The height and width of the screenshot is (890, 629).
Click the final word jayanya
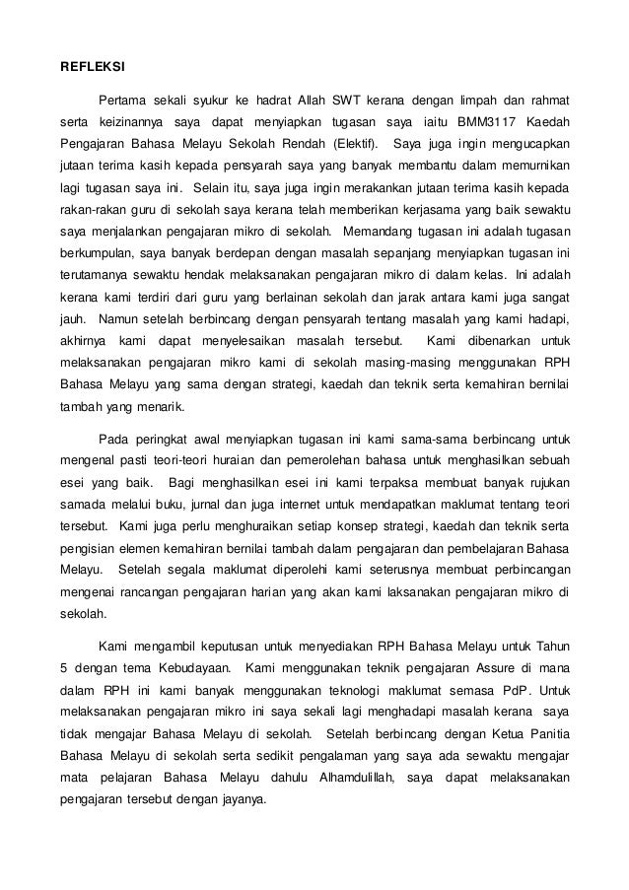click(244, 800)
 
